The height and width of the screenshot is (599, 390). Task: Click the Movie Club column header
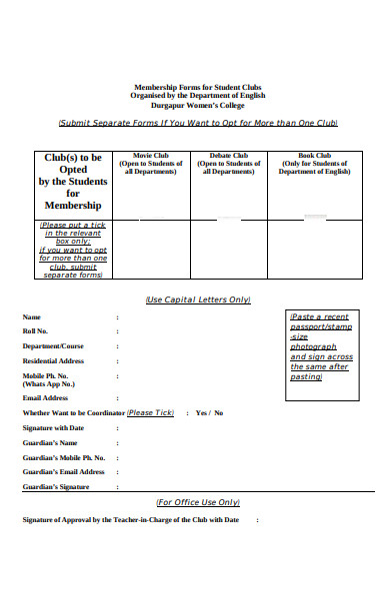pos(150,164)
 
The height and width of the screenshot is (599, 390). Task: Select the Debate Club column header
pos(228,164)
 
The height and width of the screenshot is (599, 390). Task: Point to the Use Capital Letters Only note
pos(197,299)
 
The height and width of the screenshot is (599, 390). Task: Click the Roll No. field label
pos(35,330)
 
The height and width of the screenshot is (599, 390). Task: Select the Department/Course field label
pos(53,345)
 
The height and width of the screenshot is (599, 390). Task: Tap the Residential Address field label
pos(53,360)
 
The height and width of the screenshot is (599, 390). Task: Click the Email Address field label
pos(45,397)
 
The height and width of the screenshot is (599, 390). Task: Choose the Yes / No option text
pos(209,412)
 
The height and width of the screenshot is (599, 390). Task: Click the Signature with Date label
pos(53,427)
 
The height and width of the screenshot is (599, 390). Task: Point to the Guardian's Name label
pos(49,442)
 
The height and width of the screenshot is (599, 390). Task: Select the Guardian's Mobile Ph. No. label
pos(63,457)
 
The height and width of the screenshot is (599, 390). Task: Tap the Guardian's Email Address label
pos(63,471)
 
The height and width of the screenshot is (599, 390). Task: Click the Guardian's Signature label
pos(56,486)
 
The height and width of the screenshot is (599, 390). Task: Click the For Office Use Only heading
pos(198,502)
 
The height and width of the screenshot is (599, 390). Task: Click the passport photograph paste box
pos(320,344)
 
